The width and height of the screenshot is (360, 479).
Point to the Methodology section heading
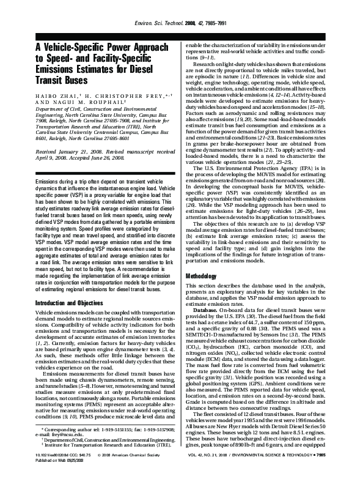(204, 277)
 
